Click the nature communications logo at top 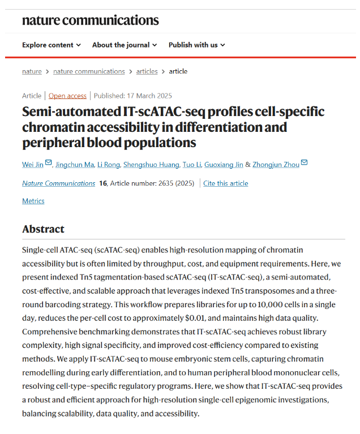(90, 20)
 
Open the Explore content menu (51, 45)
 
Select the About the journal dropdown (125, 45)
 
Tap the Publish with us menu (196, 45)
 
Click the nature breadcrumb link (32, 71)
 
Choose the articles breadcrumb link (147, 71)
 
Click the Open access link (67, 96)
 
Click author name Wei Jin (33, 164)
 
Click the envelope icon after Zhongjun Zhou (305, 163)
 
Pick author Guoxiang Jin (224, 164)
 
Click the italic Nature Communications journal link (58, 183)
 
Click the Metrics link (33, 201)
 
